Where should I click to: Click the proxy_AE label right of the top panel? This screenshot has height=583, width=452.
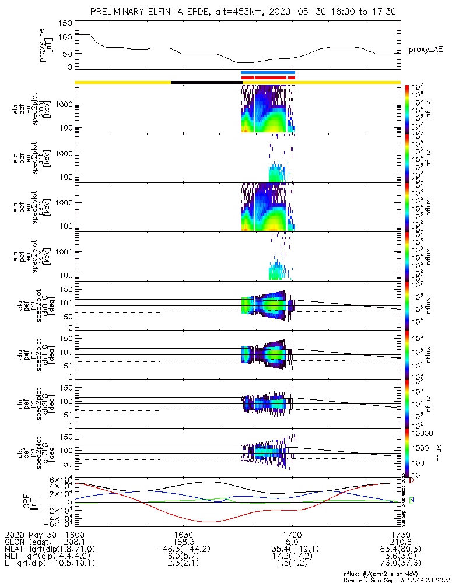(x=426, y=50)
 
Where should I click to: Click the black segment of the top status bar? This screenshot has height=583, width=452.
(x=206, y=82)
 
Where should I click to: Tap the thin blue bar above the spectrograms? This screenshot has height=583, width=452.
(x=268, y=73)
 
